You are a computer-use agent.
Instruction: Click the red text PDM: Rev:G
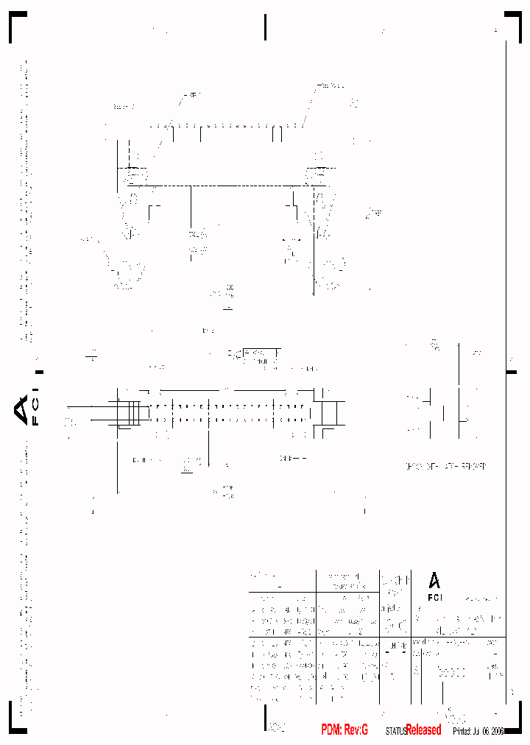pyautogui.click(x=344, y=730)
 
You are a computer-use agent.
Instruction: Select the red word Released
pyautogui.click(x=423, y=730)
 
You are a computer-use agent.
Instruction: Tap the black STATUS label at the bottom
pyautogui.click(x=395, y=730)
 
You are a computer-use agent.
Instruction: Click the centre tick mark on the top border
pyautogui.click(x=265, y=27)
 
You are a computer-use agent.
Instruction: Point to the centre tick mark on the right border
pyautogui.click(x=511, y=372)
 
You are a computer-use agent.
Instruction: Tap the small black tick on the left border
pyautogui.click(x=39, y=372)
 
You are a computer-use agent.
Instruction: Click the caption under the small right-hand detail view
pyautogui.click(x=446, y=466)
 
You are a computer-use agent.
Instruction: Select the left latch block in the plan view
pyautogui.click(x=128, y=413)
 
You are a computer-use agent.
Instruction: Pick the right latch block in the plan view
pyautogui.click(x=328, y=413)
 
